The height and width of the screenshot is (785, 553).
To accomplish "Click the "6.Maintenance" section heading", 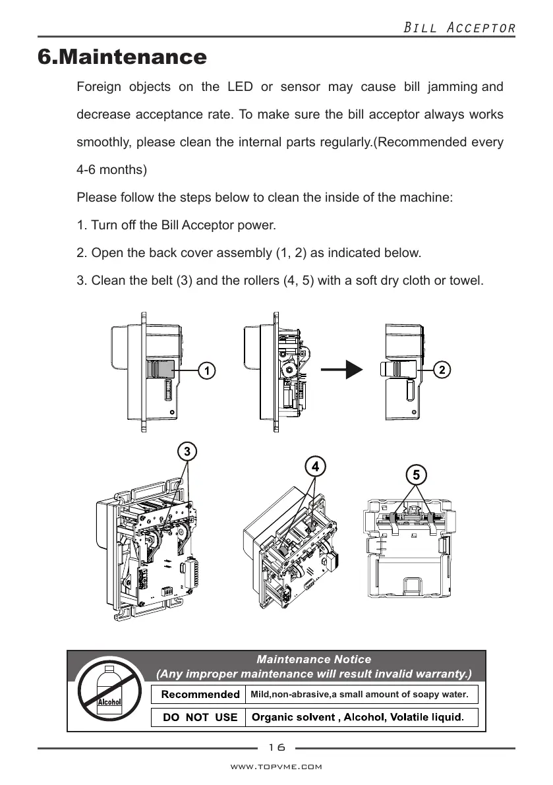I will coord(123,57).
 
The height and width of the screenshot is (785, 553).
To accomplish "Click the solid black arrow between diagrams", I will coord(346,370).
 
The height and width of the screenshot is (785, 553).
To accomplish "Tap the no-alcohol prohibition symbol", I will coord(109,691).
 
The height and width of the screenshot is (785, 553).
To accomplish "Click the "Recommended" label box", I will coord(200,694).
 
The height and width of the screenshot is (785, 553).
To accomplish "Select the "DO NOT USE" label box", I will coord(200,716).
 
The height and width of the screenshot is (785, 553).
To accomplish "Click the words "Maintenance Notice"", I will coord(313,659).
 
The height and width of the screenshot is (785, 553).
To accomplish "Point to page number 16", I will coord(277,747).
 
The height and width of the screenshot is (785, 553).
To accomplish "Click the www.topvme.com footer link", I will coord(276,767).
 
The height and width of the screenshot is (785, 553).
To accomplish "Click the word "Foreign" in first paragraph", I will coord(100,87).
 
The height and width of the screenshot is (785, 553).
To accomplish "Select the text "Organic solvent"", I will coord(294,716).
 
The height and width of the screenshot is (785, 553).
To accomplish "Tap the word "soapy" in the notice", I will coord(404,694).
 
